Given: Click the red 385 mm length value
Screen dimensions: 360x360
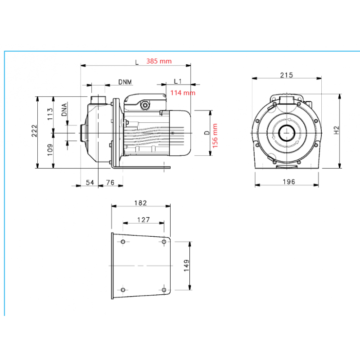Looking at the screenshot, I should (x=158, y=62).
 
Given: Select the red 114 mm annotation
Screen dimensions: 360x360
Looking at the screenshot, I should (x=183, y=93).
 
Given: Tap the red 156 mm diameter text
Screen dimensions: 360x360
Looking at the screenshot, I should (x=215, y=135).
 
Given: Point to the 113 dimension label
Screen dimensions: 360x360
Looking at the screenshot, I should (x=50, y=113).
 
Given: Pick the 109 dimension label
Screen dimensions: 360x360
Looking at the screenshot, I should (x=50, y=149).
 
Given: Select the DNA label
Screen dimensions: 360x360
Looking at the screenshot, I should (x=65, y=110).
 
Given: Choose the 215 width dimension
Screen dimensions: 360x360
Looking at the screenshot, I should (x=286, y=75).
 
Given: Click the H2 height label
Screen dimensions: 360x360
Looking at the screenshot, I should (x=336, y=130).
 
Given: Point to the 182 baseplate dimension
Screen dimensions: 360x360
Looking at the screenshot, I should (x=140, y=203).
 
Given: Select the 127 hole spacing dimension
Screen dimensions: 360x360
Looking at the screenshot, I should (x=143, y=220).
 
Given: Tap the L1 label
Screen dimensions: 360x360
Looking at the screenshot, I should (x=178, y=81).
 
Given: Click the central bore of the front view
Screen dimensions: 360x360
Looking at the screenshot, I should (x=286, y=133).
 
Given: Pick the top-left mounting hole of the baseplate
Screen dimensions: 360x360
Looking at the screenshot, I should (x=123, y=242).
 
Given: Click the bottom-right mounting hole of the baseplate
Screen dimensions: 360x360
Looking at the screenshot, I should (x=164, y=288).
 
